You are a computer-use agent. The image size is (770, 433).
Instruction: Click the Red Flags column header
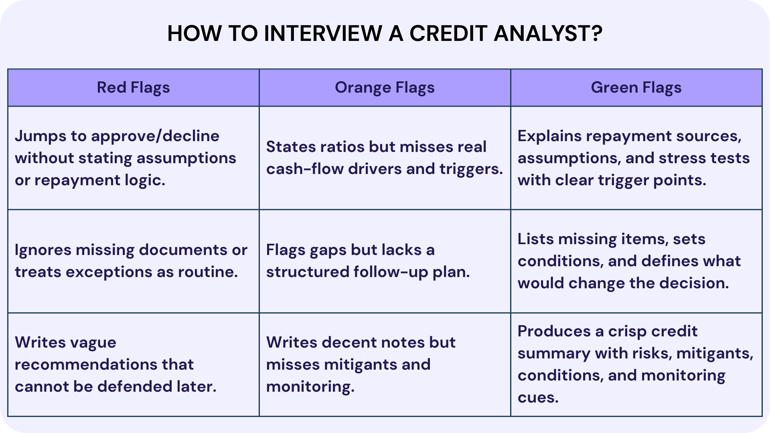(133, 87)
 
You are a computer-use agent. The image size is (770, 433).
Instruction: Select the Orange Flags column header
(385, 87)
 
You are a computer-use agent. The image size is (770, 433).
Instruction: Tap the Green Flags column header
(636, 87)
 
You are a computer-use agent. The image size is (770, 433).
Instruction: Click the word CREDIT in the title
(448, 33)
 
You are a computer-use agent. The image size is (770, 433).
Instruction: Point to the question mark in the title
(597, 33)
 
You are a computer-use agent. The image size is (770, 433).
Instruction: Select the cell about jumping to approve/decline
(133, 158)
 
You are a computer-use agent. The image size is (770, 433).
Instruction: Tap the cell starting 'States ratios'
(385, 158)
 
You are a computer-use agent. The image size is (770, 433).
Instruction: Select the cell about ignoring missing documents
(133, 261)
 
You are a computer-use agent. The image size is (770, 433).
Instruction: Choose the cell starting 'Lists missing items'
(636, 261)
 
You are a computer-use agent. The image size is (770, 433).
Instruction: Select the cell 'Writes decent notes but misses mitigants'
(385, 364)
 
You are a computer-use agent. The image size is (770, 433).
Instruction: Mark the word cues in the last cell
(538, 398)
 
